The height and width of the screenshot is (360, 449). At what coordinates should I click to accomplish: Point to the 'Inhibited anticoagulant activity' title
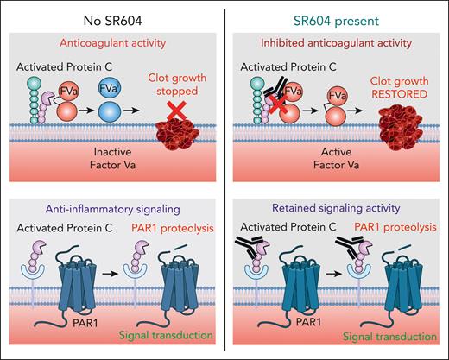(338, 38)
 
